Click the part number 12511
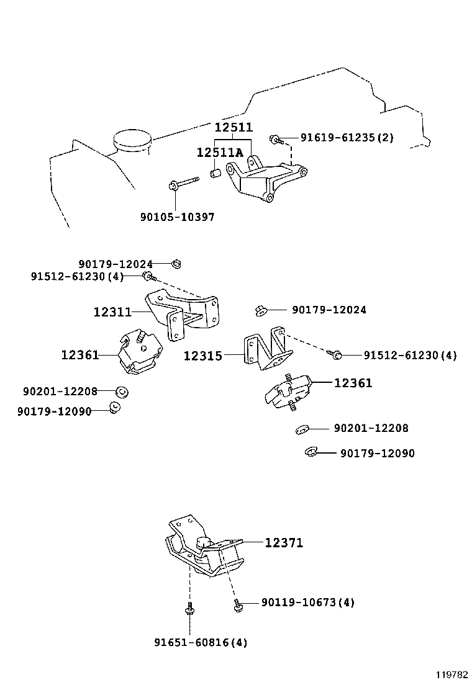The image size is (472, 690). point(234,127)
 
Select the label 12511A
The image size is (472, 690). point(220,153)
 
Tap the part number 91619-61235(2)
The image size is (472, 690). point(347,138)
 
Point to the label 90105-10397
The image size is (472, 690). point(177,217)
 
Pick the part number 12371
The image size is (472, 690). point(284,543)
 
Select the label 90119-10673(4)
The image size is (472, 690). point(308,602)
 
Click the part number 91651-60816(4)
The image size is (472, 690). point(201,643)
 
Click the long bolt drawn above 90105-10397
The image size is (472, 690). point(182,184)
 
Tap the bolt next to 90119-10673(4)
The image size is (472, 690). point(237,603)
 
